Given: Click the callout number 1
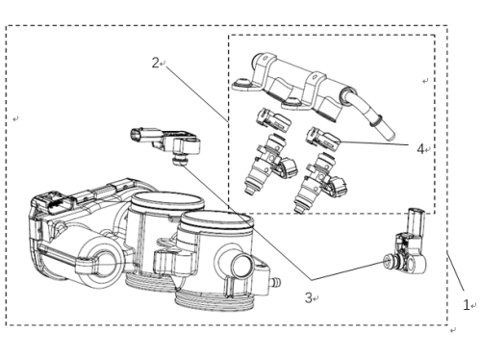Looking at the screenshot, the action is click(466, 304).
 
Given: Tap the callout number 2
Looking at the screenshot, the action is click(155, 63).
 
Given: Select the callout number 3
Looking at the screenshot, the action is click(308, 297).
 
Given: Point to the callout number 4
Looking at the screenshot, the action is click(420, 149).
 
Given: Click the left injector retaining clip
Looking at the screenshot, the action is click(273, 119).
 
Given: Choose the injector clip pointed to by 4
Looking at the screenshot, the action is click(323, 138).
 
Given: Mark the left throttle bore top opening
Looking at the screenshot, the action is click(168, 200).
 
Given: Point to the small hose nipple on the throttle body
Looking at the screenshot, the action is click(276, 282).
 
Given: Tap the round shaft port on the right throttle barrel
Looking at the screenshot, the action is click(242, 267).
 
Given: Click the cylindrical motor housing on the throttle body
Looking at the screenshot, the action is click(98, 263).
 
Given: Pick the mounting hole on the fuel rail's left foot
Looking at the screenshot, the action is click(242, 83).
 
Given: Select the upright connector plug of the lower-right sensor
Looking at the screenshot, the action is click(417, 220).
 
